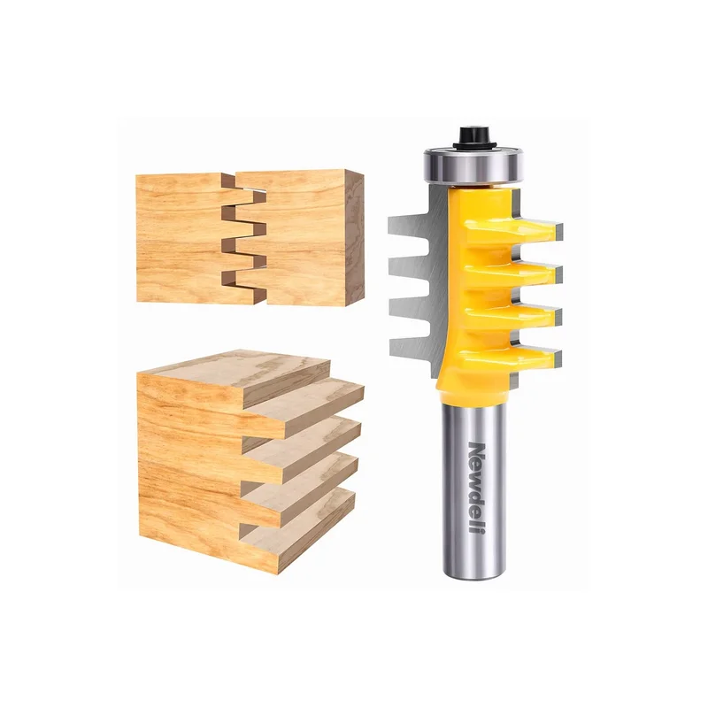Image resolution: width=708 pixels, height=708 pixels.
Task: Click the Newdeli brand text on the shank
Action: [477, 488]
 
